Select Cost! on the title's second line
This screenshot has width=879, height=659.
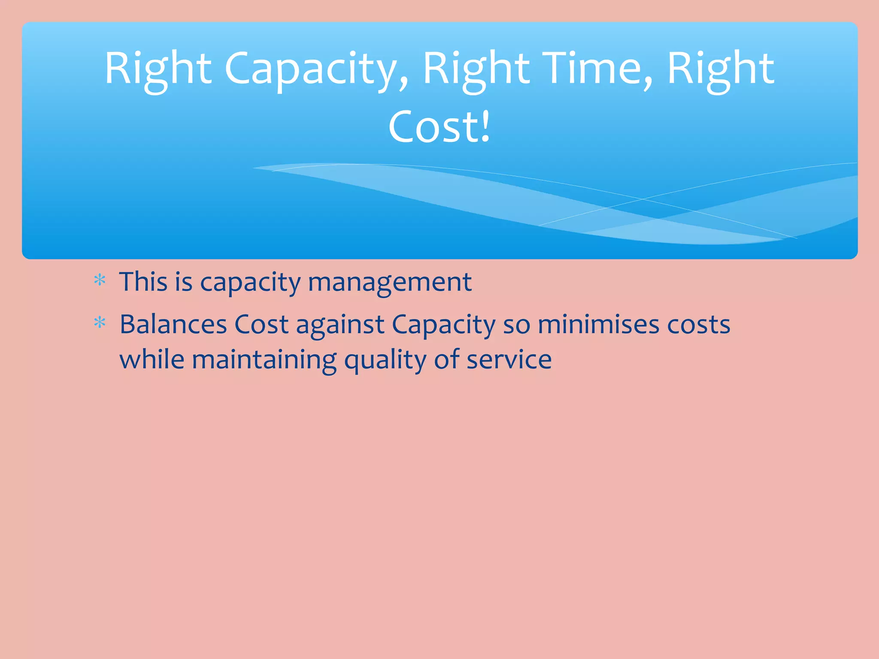(x=439, y=127)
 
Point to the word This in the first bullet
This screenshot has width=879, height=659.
(x=143, y=282)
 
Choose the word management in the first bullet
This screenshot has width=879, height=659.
(x=390, y=283)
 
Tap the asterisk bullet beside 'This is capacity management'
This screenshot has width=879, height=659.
(x=100, y=281)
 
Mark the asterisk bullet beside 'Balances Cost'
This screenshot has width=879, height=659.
(x=100, y=322)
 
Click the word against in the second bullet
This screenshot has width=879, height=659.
(x=340, y=325)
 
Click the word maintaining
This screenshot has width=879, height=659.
(x=264, y=360)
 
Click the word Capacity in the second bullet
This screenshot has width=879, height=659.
(x=443, y=325)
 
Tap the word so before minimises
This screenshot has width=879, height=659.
(x=516, y=325)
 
